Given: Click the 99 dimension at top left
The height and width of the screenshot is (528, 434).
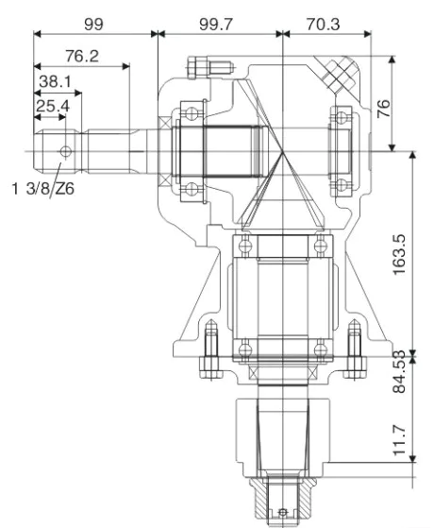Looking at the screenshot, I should coord(93,20).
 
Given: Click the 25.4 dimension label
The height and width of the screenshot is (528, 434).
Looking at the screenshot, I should coord(52,107).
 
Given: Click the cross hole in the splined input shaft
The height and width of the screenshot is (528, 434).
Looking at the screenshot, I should coord(64,150).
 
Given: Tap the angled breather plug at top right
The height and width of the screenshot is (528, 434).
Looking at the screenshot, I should coord(337,71).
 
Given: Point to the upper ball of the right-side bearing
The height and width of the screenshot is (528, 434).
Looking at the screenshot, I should coord(338,118).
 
